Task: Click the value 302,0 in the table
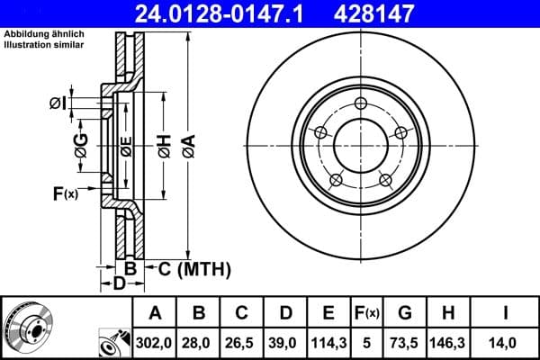coord(155,342)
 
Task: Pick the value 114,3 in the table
coord(328,342)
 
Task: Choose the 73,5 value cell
coord(406,342)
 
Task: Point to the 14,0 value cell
coord(506,342)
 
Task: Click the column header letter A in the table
coord(155,313)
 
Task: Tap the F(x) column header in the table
coord(368,313)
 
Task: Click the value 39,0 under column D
coord(285,342)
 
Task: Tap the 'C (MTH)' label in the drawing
coord(194,268)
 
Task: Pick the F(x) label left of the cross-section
coord(66,192)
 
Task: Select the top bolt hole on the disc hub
coord(361,102)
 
